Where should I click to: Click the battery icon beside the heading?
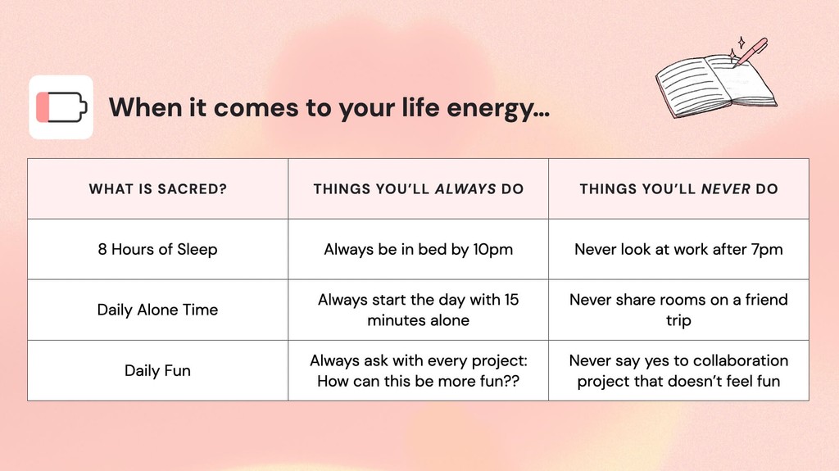coord(61,107)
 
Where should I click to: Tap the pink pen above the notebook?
coord(751,50)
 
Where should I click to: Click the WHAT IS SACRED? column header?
coord(157,189)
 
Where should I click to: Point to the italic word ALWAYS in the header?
coord(465,189)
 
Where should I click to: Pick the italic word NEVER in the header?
coord(725,189)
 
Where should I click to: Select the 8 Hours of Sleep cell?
coord(157,249)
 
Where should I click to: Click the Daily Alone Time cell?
coord(157,310)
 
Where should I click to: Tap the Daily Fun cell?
coord(157,370)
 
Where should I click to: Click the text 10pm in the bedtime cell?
coord(492,249)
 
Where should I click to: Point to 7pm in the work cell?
coord(765,249)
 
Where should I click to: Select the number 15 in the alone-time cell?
coord(510,300)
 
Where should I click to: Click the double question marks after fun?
coord(511,381)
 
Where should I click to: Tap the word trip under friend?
coord(678,320)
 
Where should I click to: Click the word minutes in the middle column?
coord(397,320)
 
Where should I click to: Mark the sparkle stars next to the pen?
coord(740,42)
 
